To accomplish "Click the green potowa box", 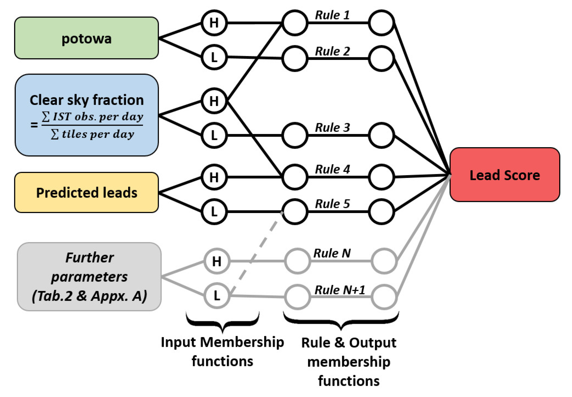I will click(x=86, y=38).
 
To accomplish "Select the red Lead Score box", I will click(x=504, y=175).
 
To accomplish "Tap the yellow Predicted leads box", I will click(x=86, y=192).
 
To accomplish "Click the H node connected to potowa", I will click(x=214, y=23).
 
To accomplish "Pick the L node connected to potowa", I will click(x=214, y=57).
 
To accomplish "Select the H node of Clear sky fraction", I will click(x=214, y=101).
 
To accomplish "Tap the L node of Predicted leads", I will click(x=214, y=211).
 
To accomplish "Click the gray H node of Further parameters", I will click(x=217, y=261).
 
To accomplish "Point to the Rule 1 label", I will click(x=332, y=15).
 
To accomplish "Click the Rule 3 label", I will click(x=332, y=127).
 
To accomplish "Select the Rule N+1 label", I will click(x=340, y=290).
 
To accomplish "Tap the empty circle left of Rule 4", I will click(x=295, y=177).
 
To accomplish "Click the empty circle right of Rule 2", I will click(x=381, y=58).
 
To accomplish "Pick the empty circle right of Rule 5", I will click(x=381, y=211).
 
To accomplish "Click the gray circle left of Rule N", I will click(x=297, y=261).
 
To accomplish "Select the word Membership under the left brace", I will click(x=242, y=342).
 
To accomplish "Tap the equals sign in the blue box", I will click(x=34, y=125).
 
